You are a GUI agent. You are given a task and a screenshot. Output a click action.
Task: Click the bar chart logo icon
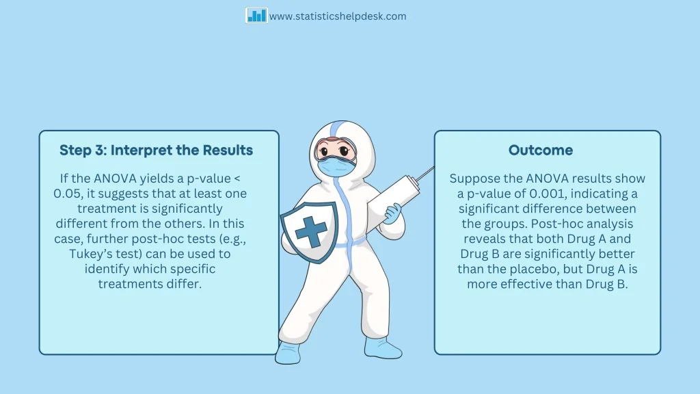click(256, 16)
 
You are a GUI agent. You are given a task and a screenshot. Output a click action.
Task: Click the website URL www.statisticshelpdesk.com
click(338, 16)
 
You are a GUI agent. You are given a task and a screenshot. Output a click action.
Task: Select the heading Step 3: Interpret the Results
click(157, 150)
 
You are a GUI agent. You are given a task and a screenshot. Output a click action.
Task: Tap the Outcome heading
click(541, 150)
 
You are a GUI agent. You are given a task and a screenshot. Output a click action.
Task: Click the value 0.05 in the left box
click(66, 194)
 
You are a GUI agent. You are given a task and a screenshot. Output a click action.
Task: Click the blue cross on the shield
click(311, 231)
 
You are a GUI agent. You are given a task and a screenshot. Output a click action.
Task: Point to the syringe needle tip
click(433, 168)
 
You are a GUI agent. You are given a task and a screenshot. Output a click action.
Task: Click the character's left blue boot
click(288, 353)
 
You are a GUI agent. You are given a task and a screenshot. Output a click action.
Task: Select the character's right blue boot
click(383, 347)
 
